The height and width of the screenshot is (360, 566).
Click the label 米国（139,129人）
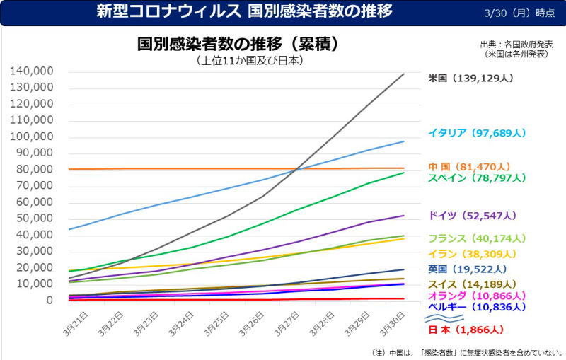pyautogui.click(x=470, y=79)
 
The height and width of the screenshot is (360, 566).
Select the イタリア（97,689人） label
pyautogui.click(x=477, y=133)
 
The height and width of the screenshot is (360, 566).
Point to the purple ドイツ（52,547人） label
pyautogui.click(x=473, y=215)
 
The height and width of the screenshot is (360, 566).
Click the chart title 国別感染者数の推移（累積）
pyautogui.click(x=237, y=44)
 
